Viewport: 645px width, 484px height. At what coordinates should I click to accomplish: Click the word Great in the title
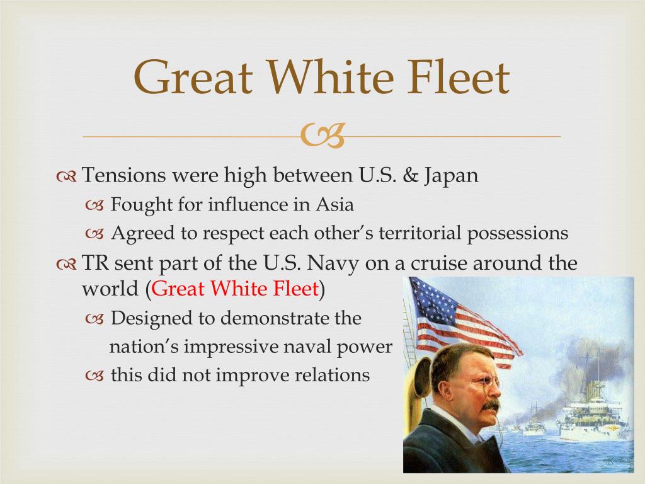(193, 77)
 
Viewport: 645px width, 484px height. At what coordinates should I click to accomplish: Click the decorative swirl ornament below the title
(322, 135)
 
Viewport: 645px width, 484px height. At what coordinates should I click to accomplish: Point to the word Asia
(335, 205)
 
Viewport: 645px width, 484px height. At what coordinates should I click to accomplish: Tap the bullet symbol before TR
(66, 264)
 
